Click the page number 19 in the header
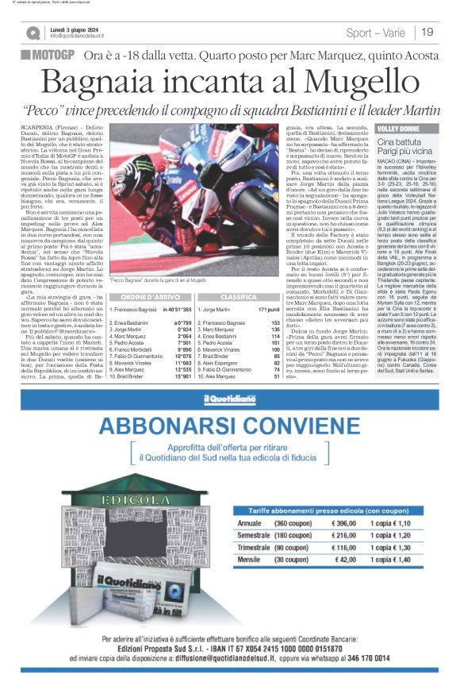point(427,33)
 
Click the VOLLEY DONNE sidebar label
point(399,128)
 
